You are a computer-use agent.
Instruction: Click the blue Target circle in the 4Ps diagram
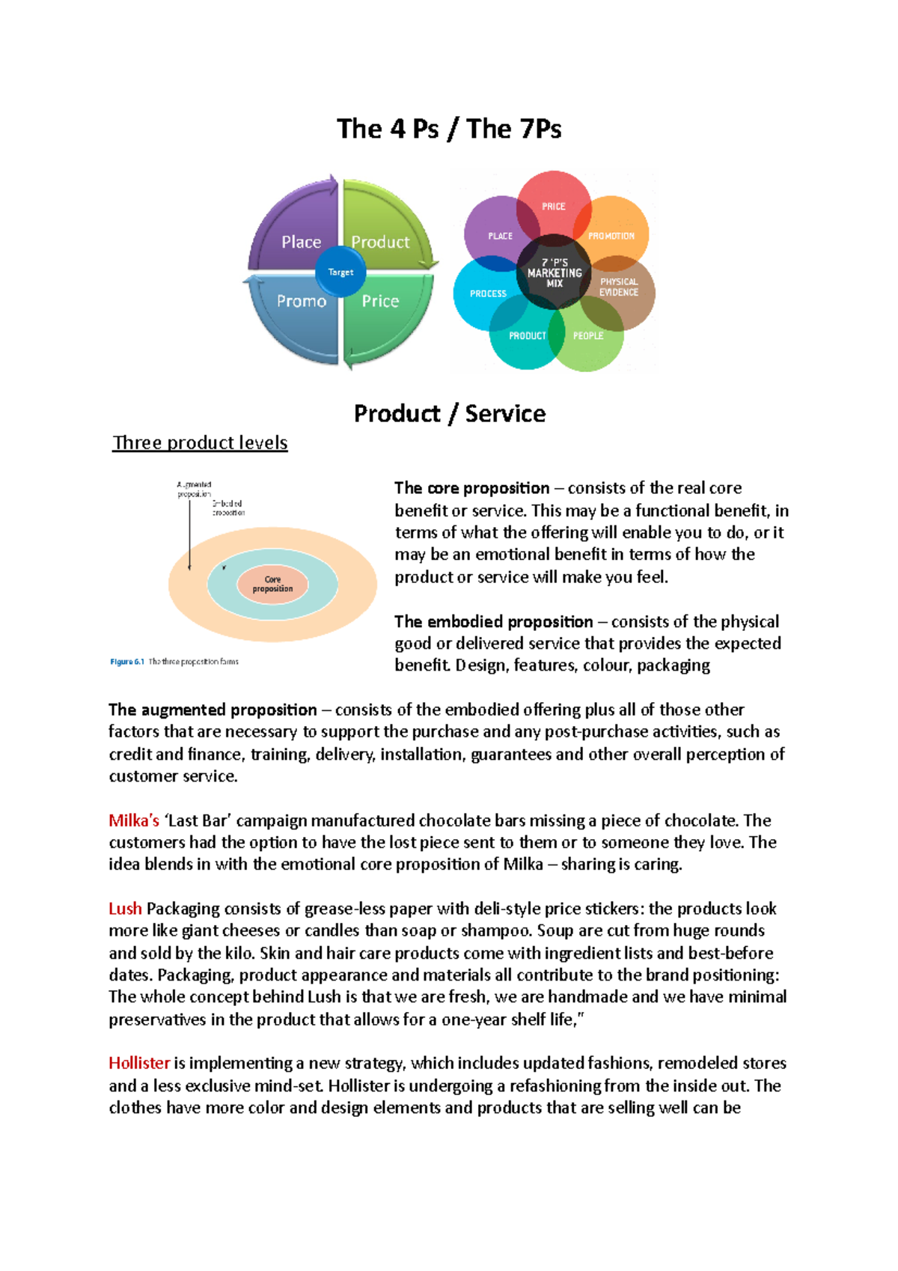tap(340, 272)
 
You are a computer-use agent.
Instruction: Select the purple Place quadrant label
tap(301, 242)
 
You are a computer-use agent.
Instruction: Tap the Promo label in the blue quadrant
tap(302, 301)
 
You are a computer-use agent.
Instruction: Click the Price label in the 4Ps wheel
tap(380, 301)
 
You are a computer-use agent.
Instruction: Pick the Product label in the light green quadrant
tap(380, 242)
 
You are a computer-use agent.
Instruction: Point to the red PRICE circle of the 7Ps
tap(554, 206)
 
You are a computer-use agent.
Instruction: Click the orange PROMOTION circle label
tap(611, 236)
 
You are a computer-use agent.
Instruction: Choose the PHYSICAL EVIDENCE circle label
tap(619, 287)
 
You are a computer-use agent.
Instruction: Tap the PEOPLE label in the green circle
tap(588, 335)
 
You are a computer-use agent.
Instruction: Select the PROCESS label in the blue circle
tap(488, 293)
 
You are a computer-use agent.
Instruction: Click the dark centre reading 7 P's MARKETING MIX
tap(555, 273)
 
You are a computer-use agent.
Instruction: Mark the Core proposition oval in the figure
tap(272, 584)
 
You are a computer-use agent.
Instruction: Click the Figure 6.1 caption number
tap(127, 662)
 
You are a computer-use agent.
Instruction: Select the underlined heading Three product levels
tap(200, 442)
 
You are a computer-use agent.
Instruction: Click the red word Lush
tap(125, 909)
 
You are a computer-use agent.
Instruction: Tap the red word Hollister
tap(139, 1063)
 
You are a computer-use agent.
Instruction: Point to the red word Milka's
tap(134, 820)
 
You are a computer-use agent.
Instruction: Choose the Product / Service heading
tap(449, 413)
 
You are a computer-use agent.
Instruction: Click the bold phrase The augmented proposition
tap(213, 710)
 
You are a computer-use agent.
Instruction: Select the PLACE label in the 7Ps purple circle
tap(500, 236)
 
